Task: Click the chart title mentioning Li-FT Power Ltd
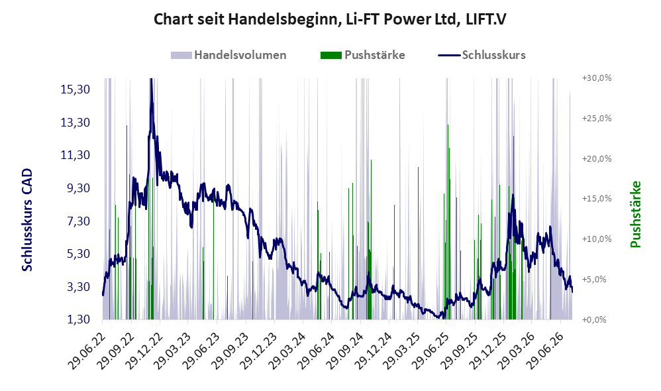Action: click(x=330, y=19)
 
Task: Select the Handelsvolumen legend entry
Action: click(x=229, y=55)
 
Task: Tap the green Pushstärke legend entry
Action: click(x=362, y=55)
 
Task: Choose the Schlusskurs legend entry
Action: click(x=482, y=55)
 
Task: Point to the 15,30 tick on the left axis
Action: click(x=76, y=89)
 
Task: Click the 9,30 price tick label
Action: click(x=78, y=188)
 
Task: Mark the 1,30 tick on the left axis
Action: click(x=78, y=319)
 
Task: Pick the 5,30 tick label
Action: click(x=78, y=254)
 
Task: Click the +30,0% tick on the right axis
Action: click(x=597, y=78)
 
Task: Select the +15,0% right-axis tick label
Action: click(x=597, y=199)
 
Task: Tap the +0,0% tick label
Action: click(x=594, y=319)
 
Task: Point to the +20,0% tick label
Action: click(x=597, y=158)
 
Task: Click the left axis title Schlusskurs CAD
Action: click(x=27, y=220)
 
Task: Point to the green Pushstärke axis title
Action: click(x=635, y=214)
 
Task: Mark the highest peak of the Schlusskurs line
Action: click(x=151, y=80)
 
